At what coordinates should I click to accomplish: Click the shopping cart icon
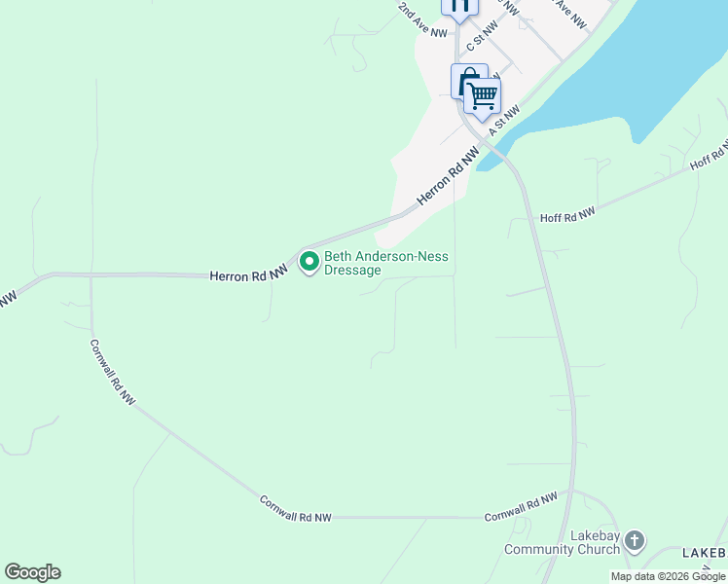(482, 95)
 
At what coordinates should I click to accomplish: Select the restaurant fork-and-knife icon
(459, 5)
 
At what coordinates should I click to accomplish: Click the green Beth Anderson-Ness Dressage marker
(309, 261)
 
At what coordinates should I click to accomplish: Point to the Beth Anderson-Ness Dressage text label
(386, 264)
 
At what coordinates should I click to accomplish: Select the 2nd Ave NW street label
(423, 19)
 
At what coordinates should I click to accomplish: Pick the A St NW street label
(505, 121)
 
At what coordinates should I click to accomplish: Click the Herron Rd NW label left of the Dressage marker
(249, 275)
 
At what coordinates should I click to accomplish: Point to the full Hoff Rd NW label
(567, 215)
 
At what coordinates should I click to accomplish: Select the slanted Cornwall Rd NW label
(113, 371)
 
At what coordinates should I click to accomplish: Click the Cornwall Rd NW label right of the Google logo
(295, 509)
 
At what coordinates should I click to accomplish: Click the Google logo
(32, 572)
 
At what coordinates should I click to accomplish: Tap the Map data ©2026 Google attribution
(668, 576)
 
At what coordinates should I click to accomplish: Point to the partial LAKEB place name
(704, 553)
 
